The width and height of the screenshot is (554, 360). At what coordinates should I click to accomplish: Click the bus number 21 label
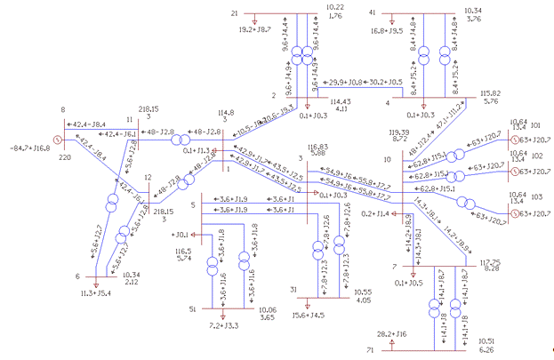click(x=235, y=14)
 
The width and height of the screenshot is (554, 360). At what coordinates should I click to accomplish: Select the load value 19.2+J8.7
click(x=259, y=29)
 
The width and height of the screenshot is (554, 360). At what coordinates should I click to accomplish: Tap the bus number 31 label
click(x=294, y=290)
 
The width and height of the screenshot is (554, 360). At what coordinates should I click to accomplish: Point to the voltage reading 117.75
click(x=493, y=263)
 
